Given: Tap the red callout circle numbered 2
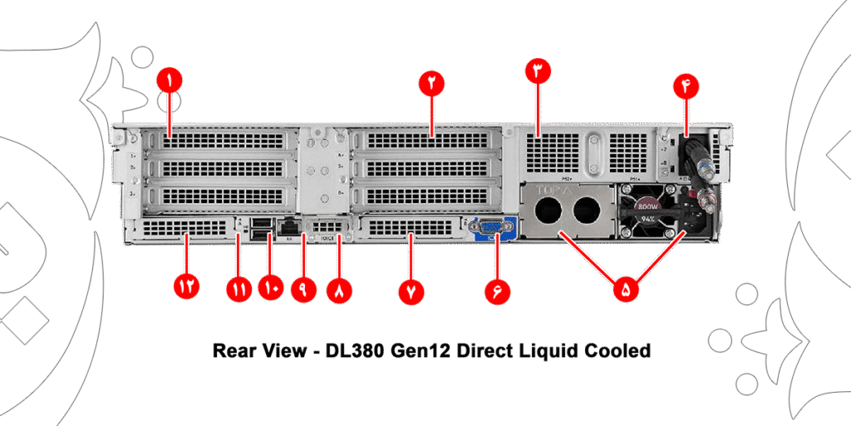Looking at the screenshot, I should [x=432, y=82].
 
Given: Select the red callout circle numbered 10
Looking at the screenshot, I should [x=270, y=289].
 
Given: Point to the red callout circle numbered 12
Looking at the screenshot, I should [x=186, y=287].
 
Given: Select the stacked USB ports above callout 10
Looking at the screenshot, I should [x=259, y=230].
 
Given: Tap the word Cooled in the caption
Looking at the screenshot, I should [x=619, y=350].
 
